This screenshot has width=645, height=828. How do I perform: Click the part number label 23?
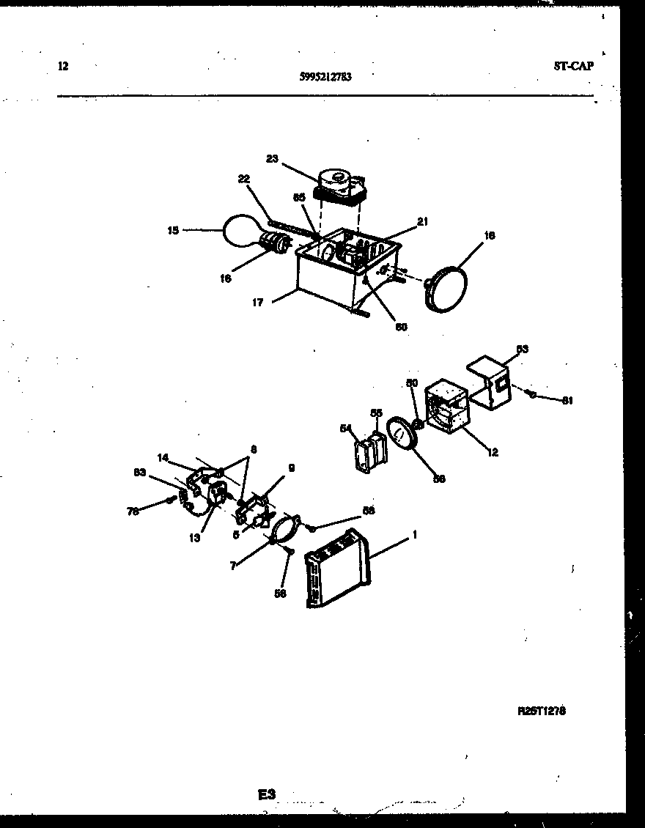pyautogui.click(x=272, y=158)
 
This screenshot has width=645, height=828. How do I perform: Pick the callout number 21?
pyautogui.click(x=422, y=221)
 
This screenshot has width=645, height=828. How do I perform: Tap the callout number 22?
pyautogui.click(x=244, y=179)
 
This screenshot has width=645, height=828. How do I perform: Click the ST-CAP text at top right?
pyautogui.click(x=574, y=64)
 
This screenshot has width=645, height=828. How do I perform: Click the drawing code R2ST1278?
pyautogui.click(x=542, y=711)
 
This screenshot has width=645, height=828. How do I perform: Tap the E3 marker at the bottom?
pyautogui.click(x=265, y=794)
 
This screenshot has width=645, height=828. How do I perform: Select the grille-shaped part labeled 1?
pyautogui.click(x=338, y=568)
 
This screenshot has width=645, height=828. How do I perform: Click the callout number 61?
pyautogui.click(x=567, y=400)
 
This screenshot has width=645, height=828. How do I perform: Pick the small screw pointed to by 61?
pyautogui.click(x=531, y=394)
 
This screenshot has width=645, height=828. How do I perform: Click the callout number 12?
pyautogui.click(x=493, y=453)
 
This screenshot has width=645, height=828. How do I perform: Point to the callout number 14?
pyautogui.click(x=163, y=457)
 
